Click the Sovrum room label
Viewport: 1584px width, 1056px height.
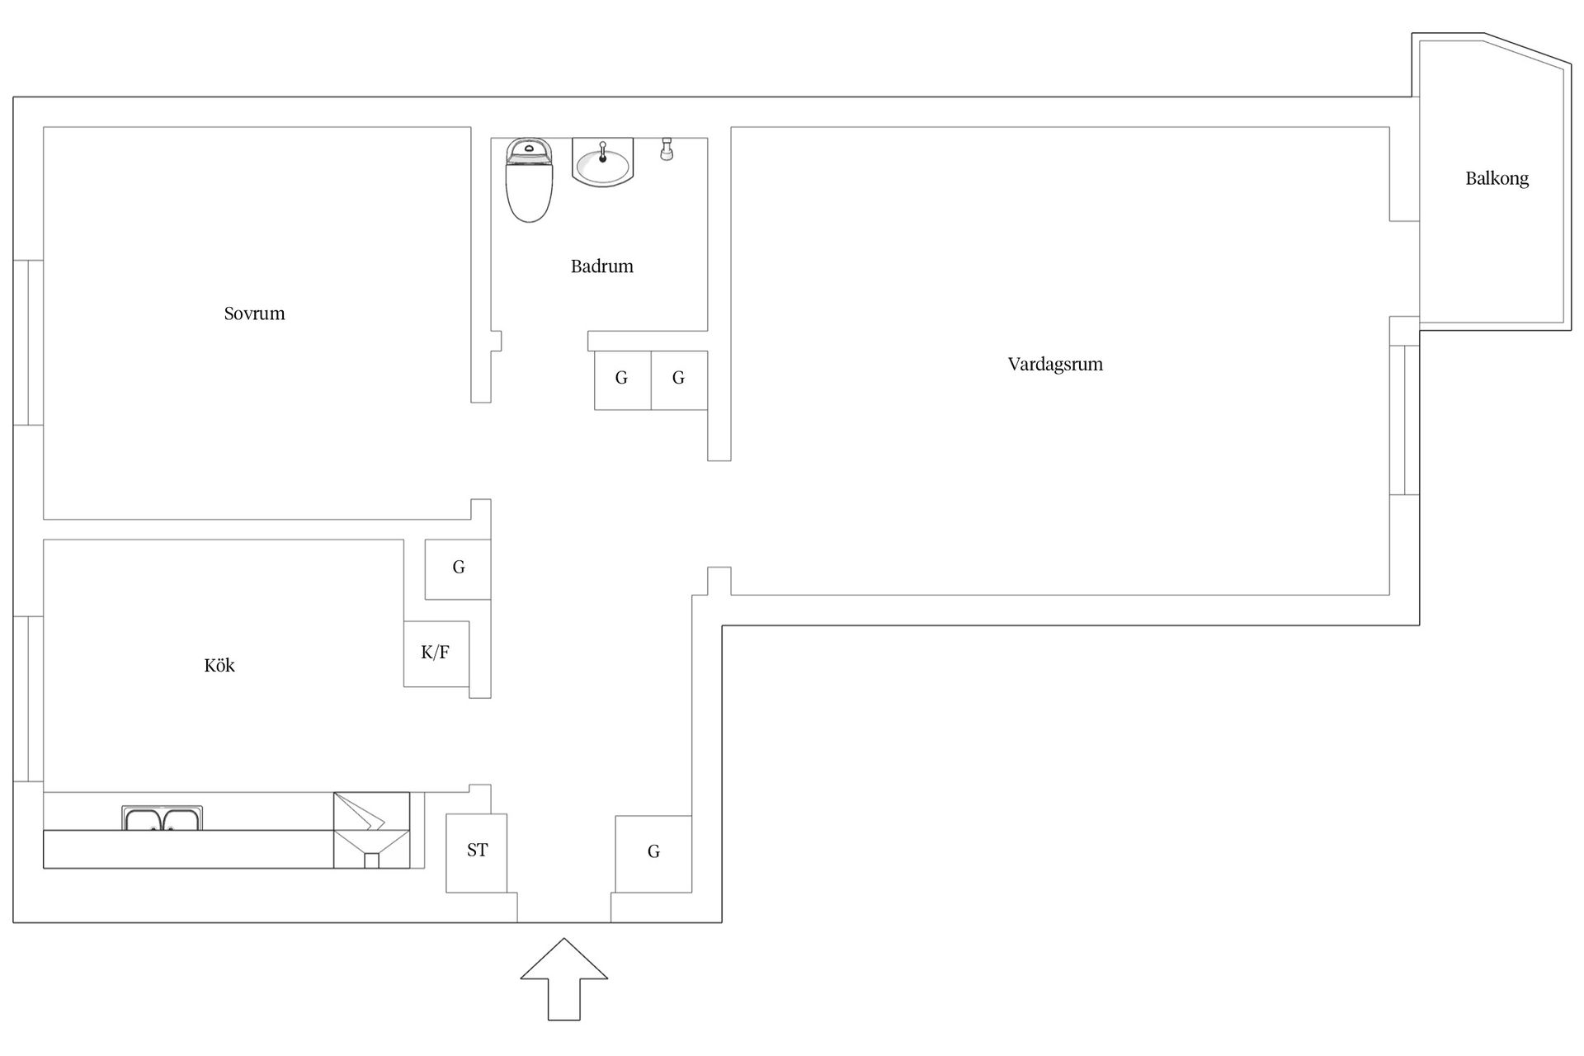254,313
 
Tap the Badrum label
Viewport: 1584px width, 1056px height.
602,266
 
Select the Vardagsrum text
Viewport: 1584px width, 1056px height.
1055,365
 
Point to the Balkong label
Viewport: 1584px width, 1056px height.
1497,178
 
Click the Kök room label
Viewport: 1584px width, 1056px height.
219,665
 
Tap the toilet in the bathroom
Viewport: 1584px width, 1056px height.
529,180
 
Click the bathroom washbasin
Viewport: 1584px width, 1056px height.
602,162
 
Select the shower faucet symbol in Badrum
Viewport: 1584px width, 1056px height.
667,148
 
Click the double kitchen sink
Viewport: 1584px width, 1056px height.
163,818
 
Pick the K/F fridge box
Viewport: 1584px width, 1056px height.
436,653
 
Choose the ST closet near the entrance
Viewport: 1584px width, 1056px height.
477,853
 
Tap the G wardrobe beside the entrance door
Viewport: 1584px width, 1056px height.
653,854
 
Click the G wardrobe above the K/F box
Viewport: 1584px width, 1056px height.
458,568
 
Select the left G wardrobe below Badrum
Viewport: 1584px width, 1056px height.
623,380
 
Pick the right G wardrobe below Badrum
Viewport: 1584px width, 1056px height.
679,380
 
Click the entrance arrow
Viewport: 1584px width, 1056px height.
564,979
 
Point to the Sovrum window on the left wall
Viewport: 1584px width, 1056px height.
28,342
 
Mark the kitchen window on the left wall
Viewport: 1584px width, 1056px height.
28,699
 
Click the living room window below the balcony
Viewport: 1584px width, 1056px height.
1404,420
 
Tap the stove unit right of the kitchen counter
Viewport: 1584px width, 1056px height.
371,830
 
